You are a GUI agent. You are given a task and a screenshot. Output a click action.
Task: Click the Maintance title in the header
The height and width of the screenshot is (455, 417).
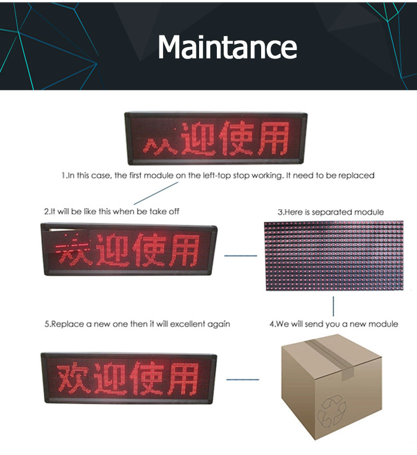pyautogui.click(x=227, y=47)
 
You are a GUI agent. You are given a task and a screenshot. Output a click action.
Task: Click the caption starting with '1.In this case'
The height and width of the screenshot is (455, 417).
pyautogui.click(x=218, y=175)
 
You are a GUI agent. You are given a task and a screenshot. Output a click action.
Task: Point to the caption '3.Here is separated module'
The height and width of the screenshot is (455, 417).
pyautogui.click(x=330, y=212)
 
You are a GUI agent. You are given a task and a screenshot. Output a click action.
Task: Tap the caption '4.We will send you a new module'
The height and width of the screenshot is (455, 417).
pyautogui.click(x=334, y=324)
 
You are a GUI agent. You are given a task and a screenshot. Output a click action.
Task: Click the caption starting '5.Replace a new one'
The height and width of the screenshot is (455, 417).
pyautogui.click(x=138, y=324)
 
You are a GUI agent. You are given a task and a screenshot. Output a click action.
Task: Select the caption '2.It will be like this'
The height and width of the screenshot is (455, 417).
pyautogui.click(x=112, y=211)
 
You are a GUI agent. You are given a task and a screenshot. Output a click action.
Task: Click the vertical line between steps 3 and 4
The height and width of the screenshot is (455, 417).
pyautogui.click(x=333, y=306)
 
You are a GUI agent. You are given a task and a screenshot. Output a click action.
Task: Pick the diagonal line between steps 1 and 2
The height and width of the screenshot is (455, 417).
pyautogui.click(x=156, y=193)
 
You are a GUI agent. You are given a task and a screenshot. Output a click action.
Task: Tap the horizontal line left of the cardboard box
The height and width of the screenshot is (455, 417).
pyautogui.click(x=242, y=379)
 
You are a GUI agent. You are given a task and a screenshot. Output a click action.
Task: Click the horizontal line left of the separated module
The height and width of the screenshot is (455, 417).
pyautogui.click(x=241, y=256)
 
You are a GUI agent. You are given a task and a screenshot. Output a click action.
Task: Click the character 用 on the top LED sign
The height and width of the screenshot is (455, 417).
pyautogui.click(x=274, y=139)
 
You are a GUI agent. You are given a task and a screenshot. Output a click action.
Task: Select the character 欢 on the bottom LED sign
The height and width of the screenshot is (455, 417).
pyautogui.click(x=73, y=378)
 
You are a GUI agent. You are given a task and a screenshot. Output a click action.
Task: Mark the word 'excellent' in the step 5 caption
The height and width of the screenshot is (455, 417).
pyautogui.click(x=188, y=324)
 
